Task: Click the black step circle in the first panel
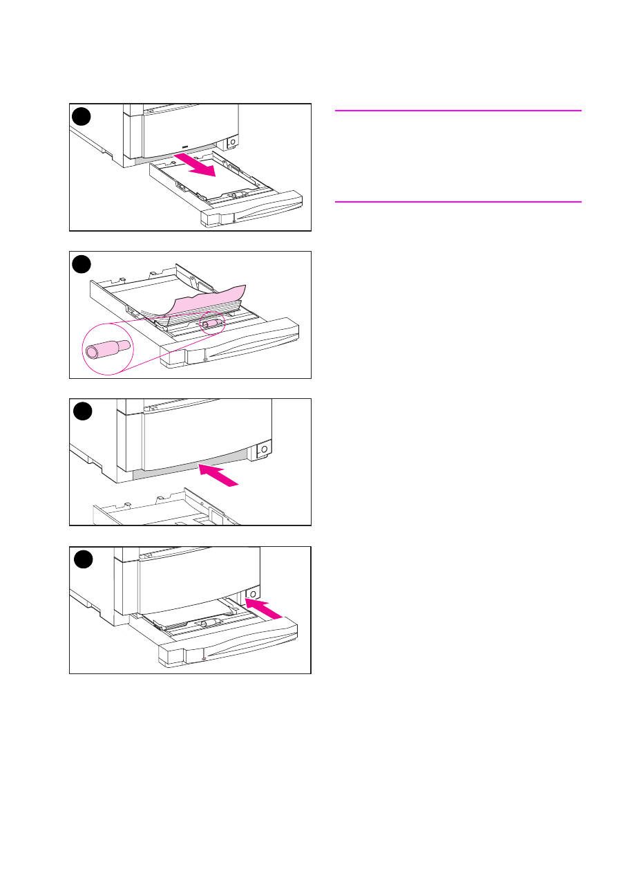coord(82,116)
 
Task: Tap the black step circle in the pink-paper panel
coord(82,263)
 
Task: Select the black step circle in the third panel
coord(82,411)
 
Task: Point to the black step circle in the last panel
coord(82,559)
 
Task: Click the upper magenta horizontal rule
coord(458,110)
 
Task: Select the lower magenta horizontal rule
coord(458,202)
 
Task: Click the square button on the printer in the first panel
coord(231,143)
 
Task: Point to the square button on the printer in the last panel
coord(252,594)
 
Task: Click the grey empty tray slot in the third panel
coord(187,467)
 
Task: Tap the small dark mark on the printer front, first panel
coord(184,147)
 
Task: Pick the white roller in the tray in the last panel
coord(204,622)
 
